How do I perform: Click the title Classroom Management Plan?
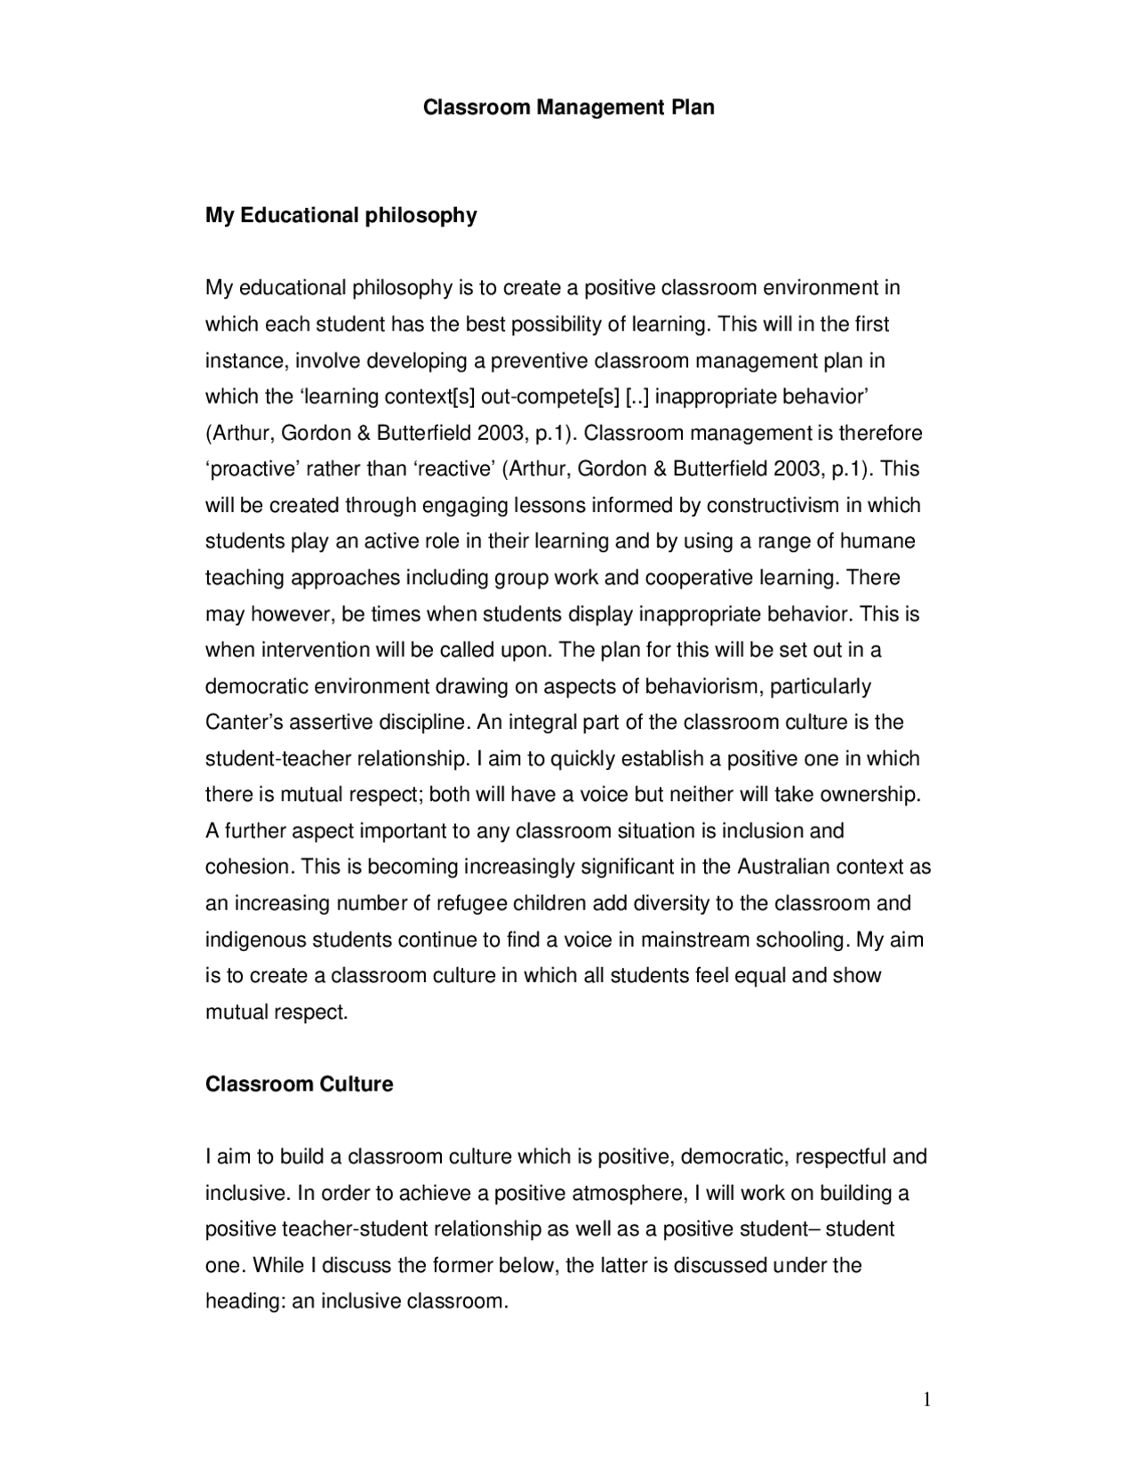click(x=568, y=108)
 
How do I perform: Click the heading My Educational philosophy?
click(x=341, y=215)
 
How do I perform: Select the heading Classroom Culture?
click(x=299, y=1084)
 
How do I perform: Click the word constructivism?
click(x=773, y=505)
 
